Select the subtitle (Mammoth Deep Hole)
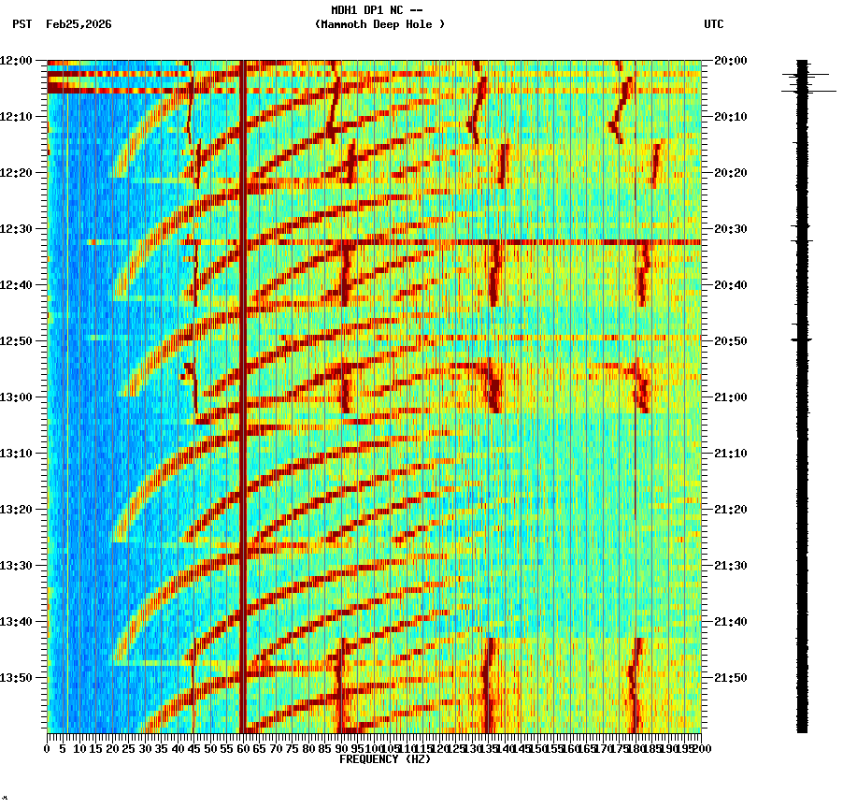point(379,24)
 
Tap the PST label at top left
point(21,24)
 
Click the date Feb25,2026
point(79,24)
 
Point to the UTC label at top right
point(713,24)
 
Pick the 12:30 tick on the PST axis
point(17,228)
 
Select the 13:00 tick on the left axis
point(17,397)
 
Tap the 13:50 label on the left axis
point(17,677)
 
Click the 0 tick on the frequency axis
point(48,748)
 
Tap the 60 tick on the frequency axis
point(243,748)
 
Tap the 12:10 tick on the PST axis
point(17,116)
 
